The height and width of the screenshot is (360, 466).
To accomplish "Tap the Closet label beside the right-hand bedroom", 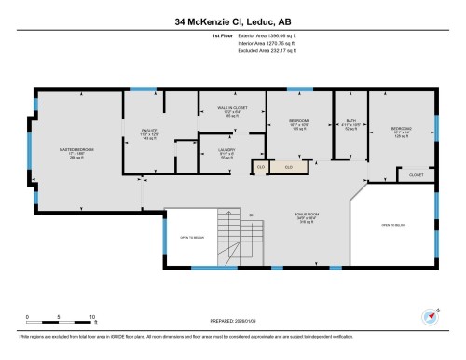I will coord(415,175).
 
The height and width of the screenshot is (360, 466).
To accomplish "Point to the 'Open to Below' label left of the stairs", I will coord(191,237).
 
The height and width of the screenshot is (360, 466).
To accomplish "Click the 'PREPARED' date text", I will coord(233,322).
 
